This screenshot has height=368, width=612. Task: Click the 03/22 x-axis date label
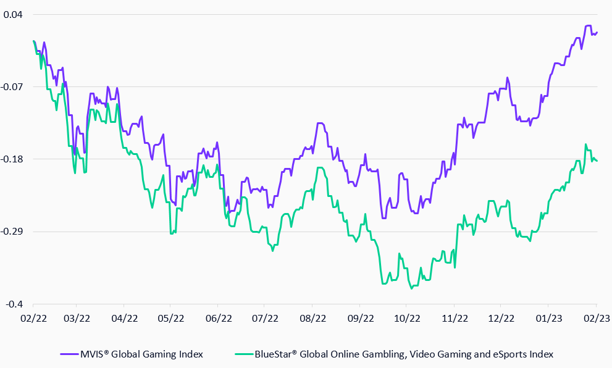point(76,319)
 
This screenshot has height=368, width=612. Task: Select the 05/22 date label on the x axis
point(170,319)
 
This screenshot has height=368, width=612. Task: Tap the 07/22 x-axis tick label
point(264,319)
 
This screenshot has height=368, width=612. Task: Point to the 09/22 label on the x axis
point(361,319)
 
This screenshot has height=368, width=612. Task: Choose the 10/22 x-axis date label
point(407,319)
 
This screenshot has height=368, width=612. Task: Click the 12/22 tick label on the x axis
point(501,319)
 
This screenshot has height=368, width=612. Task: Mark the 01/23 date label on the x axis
point(548,319)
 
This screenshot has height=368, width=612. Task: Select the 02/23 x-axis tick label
point(595,319)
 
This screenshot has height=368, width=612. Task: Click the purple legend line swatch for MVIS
point(69,354)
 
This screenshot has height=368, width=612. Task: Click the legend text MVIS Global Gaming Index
point(141,354)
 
